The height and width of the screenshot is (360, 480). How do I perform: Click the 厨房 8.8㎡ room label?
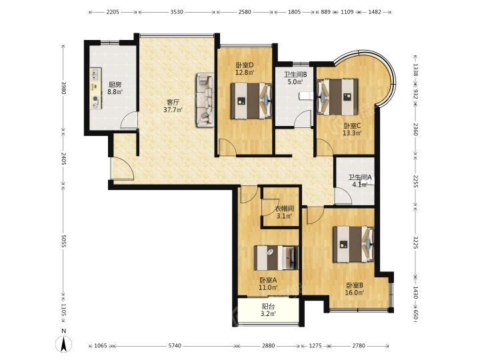point(115,88)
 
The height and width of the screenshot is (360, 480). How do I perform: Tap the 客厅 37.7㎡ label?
point(173,106)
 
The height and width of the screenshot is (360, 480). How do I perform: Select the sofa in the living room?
point(205,100)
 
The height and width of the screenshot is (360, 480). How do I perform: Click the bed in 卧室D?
point(251,101)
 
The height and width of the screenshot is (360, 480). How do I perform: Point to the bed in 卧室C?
point(337,97)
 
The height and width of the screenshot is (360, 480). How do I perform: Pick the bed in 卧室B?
point(353,244)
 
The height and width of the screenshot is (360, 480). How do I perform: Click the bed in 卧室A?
point(276,258)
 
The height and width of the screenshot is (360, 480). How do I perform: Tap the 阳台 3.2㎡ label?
point(269,310)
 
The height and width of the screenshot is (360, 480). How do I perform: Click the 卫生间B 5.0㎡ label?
point(295,78)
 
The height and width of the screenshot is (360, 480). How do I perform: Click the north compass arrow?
point(64,342)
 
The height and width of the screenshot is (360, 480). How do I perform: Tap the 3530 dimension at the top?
point(177,12)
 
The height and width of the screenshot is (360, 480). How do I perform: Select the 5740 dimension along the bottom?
point(175,346)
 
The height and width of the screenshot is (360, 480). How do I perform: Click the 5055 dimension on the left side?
point(64,241)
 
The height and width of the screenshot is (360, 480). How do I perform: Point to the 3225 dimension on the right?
point(415,242)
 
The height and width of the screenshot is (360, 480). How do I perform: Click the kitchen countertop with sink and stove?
point(96,88)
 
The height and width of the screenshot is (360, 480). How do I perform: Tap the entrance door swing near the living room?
point(123,169)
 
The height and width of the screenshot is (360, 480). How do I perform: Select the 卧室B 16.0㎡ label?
point(355,289)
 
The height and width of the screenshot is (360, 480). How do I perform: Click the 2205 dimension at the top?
point(113,12)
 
